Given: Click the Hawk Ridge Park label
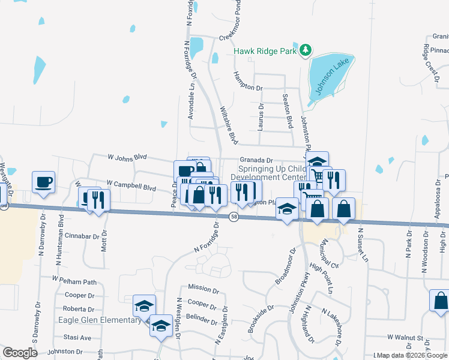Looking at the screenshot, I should [x=265, y=52].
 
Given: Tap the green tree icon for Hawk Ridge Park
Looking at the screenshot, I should [x=306, y=49].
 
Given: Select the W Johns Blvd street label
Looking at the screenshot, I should [x=127, y=157].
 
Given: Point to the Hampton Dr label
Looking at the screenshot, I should [x=247, y=88].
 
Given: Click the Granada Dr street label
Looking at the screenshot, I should [x=256, y=160].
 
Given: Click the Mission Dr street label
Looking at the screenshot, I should [x=203, y=289].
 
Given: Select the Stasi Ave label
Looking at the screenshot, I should [x=77, y=338].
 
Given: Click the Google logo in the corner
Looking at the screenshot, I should [x=20, y=352].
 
